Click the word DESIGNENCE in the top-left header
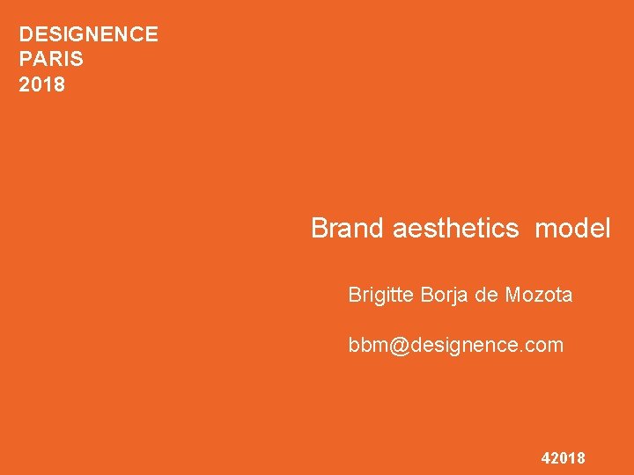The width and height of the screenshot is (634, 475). point(89,34)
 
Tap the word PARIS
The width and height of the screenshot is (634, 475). point(51,60)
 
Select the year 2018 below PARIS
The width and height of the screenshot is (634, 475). point(42,85)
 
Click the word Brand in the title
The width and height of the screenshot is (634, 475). point(348,229)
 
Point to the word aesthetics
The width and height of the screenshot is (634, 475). point(455,229)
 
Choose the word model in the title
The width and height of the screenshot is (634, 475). point(572,229)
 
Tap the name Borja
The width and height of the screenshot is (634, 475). point(445,296)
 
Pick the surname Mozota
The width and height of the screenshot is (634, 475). point(539,296)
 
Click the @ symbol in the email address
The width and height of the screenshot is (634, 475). point(399,346)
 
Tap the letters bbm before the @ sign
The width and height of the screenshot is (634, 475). point(367,346)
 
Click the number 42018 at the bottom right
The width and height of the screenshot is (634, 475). point(564,458)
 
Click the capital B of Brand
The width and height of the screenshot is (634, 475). point(320,229)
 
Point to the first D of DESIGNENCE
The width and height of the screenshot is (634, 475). point(26,34)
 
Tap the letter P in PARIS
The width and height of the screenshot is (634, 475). point(25,60)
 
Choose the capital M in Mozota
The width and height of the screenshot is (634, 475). point(512,296)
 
